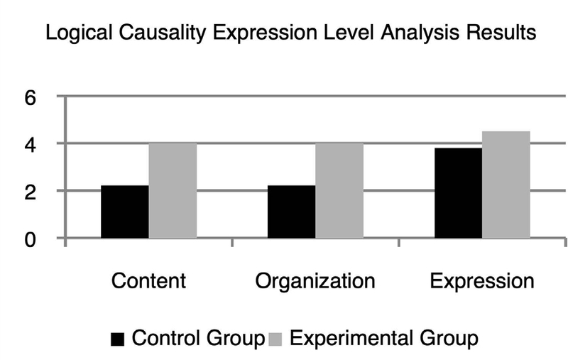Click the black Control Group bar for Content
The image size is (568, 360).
[x=125, y=212]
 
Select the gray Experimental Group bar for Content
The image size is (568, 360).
[x=173, y=190]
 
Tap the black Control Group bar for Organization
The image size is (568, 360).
[x=292, y=212]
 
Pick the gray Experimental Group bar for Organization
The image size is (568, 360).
[x=339, y=190]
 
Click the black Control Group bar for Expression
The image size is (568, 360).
[x=458, y=193]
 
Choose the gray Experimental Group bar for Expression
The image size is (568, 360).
[x=506, y=185]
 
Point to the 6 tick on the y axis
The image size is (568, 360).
[x=31, y=97]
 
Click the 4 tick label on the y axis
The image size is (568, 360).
[x=31, y=145]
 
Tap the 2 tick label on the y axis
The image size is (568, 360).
[x=31, y=192]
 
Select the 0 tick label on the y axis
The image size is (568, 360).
[x=31, y=239]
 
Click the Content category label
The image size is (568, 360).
[x=148, y=280]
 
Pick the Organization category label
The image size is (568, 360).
[x=315, y=280]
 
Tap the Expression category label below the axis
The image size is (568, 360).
[x=482, y=280]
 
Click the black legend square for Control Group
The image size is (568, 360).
[x=117, y=339]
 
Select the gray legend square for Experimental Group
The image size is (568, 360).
[x=275, y=339]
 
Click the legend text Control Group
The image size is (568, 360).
[x=199, y=338]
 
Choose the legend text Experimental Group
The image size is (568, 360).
[x=384, y=338]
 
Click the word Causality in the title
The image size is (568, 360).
[x=162, y=33]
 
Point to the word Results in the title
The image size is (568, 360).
[x=501, y=33]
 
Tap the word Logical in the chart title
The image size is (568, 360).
[x=79, y=33]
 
